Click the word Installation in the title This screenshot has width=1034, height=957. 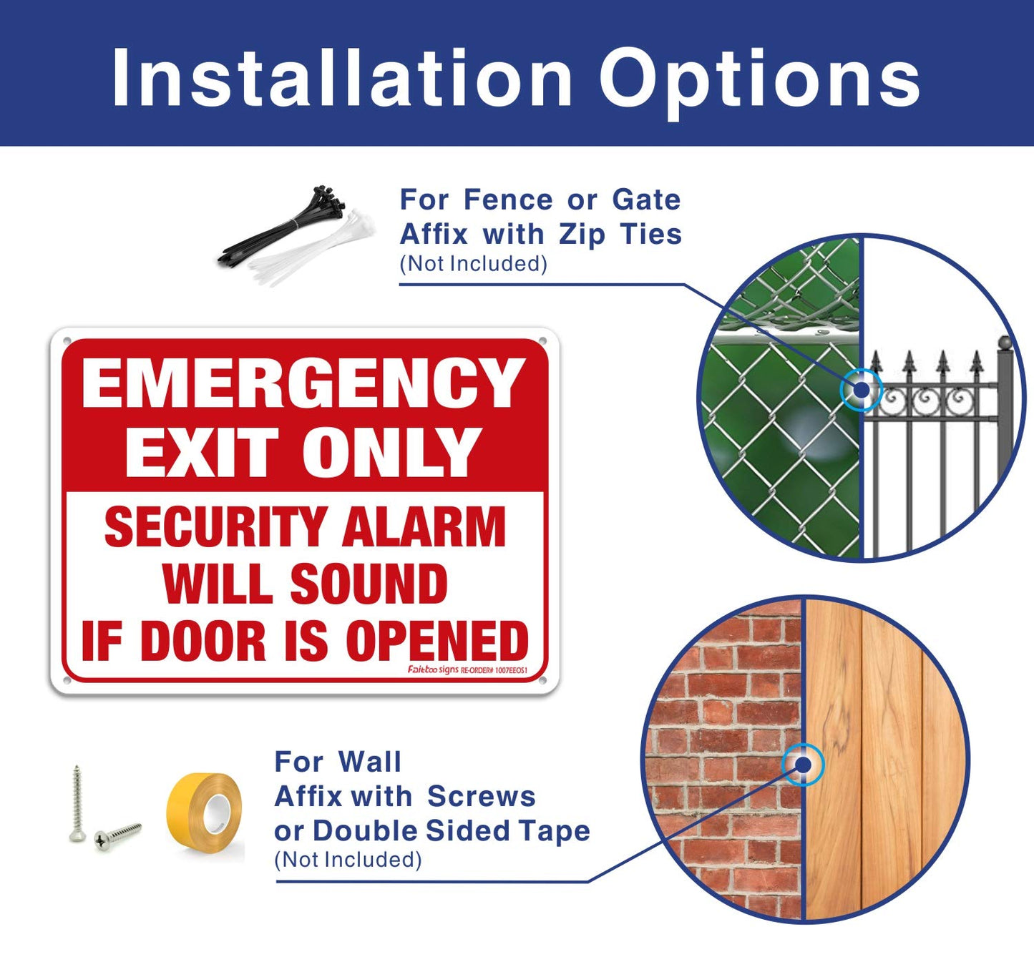tap(342, 79)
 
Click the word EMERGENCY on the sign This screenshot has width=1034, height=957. tap(303, 384)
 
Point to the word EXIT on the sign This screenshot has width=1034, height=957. tap(201, 452)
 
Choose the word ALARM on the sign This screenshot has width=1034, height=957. tap(424, 528)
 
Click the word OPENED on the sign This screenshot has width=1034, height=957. tap(437, 641)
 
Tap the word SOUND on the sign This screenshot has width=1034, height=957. tap(369, 584)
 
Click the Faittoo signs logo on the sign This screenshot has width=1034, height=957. tap(433, 670)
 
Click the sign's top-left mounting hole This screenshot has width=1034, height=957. tap(67, 341)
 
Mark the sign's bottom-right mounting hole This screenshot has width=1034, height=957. tap(543, 679)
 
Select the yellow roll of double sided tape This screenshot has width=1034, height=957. tap(205, 813)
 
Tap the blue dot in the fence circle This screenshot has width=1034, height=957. tap(862, 390)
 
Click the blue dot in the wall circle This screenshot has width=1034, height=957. tap(803, 765)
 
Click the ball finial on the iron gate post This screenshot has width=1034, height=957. tap(1005, 343)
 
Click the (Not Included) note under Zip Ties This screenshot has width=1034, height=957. tap(473, 264)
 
